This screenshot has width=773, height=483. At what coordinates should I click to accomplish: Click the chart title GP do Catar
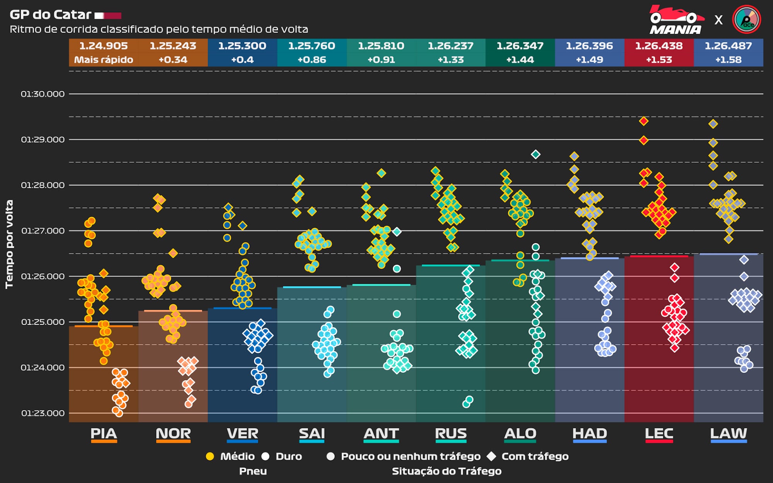(50, 15)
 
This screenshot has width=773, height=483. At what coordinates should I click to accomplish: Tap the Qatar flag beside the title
(108, 16)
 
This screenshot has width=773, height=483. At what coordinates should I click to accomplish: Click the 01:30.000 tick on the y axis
(43, 94)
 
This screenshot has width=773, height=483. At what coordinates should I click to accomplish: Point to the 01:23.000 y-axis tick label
(43, 413)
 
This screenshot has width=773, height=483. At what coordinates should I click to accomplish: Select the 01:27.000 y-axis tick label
(43, 231)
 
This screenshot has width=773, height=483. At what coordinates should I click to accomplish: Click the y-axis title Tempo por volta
(9, 244)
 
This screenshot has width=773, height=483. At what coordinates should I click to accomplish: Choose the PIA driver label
(104, 434)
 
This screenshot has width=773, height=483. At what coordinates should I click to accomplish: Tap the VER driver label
(242, 434)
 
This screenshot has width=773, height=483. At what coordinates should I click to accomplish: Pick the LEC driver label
(659, 434)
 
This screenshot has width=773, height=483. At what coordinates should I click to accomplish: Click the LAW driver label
(729, 434)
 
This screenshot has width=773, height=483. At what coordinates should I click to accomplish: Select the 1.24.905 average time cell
(104, 46)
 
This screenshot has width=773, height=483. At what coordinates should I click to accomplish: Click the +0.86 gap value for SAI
(312, 60)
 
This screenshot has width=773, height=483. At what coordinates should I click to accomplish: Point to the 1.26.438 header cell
(659, 46)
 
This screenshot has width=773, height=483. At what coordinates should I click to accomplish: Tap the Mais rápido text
(104, 60)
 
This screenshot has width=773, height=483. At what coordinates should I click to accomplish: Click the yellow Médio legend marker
(210, 456)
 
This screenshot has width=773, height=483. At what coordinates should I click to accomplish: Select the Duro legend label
(289, 456)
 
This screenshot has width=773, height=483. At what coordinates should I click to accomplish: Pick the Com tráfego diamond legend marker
(491, 456)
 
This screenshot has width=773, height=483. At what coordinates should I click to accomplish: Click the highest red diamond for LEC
(644, 121)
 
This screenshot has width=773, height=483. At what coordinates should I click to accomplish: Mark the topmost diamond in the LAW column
(713, 124)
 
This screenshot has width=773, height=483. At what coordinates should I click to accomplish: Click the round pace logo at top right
(746, 19)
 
